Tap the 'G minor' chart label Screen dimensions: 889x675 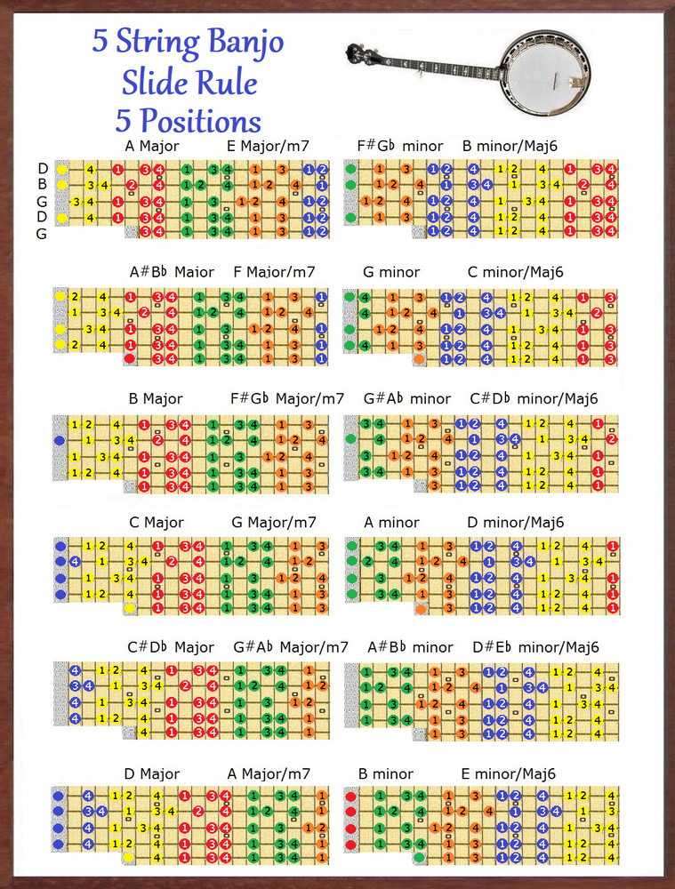point(391,272)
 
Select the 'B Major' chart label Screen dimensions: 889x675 point(156,398)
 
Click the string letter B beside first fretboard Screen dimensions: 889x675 point(42,185)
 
